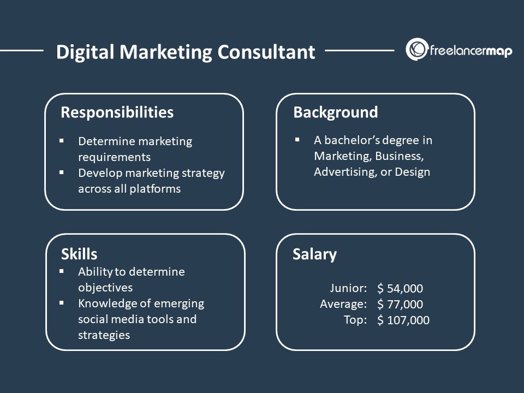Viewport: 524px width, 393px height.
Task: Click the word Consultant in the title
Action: pyautogui.click(x=266, y=52)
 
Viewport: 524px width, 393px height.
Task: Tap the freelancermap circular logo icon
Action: pyautogui.click(x=416, y=50)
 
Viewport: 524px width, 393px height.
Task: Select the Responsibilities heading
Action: pyautogui.click(x=117, y=112)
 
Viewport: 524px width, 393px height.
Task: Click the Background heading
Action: pyautogui.click(x=335, y=112)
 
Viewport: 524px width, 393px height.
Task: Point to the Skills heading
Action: pyautogui.click(x=79, y=254)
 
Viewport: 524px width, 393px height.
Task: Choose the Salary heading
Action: pyautogui.click(x=314, y=254)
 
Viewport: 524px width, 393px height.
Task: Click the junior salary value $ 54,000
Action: pyautogui.click(x=400, y=289)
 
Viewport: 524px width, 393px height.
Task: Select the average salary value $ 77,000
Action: pyautogui.click(x=400, y=305)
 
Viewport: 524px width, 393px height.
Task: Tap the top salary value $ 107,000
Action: pyautogui.click(x=403, y=320)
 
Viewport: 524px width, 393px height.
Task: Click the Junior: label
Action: pyautogui.click(x=348, y=288)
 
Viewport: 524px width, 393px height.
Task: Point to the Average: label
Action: pyautogui.click(x=343, y=303)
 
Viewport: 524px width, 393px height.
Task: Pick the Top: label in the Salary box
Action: pyautogui.click(x=355, y=319)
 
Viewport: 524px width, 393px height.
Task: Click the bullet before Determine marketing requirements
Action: pyautogui.click(x=62, y=141)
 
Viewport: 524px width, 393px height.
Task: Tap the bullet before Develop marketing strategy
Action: pyautogui.click(x=62, y=172)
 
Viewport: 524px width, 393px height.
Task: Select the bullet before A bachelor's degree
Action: pyautogui.click(x=297, y=140)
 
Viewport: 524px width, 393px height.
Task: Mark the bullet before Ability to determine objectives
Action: pyautogui.click(x=62, y=271)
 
